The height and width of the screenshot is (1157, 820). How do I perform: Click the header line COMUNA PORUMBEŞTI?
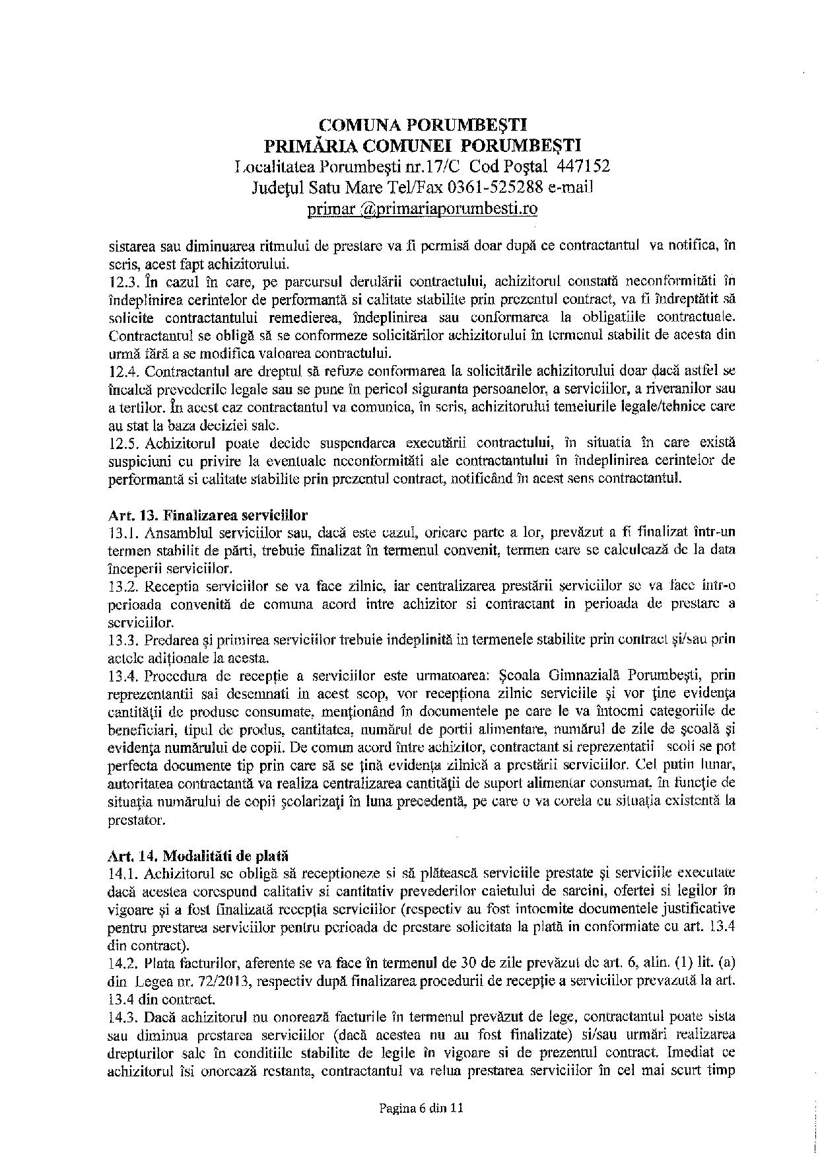423,124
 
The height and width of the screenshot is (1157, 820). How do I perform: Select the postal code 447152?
583,165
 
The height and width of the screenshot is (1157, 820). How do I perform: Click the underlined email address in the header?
423,209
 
